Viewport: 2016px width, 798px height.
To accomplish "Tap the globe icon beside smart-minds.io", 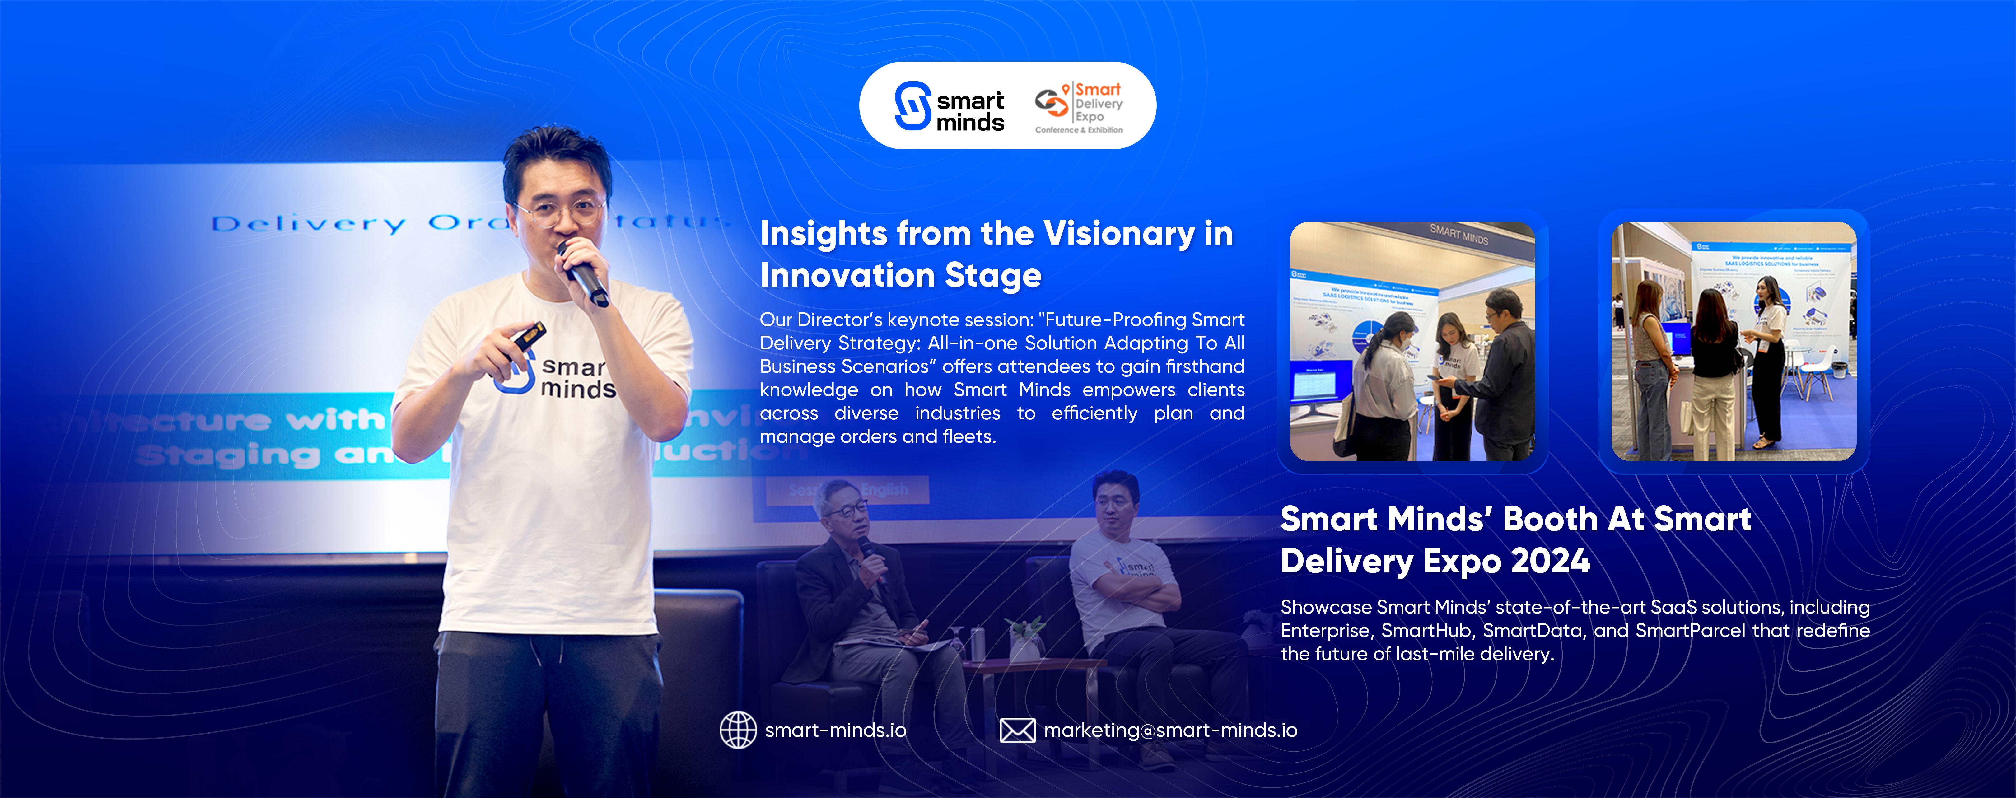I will (737, 730).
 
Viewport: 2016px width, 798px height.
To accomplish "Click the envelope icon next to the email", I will (1017, 730).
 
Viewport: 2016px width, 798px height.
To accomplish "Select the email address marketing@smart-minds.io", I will (1170, 730).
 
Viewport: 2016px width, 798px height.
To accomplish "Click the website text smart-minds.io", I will (835, 730).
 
